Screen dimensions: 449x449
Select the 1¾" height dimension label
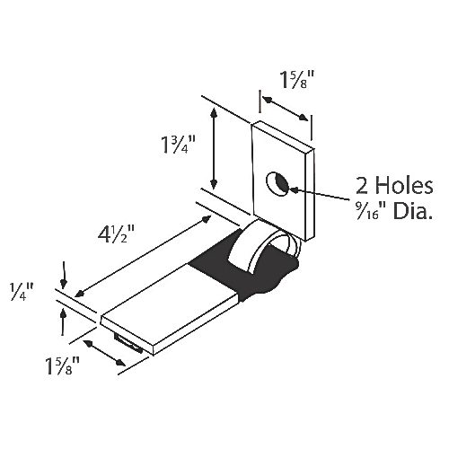179,145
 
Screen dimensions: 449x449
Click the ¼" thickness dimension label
22,292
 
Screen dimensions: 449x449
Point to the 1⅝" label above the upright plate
296,80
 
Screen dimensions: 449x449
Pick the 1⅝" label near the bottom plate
62,365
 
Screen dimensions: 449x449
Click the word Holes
404,186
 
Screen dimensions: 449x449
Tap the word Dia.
413,211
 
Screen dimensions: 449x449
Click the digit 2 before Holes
362,186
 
